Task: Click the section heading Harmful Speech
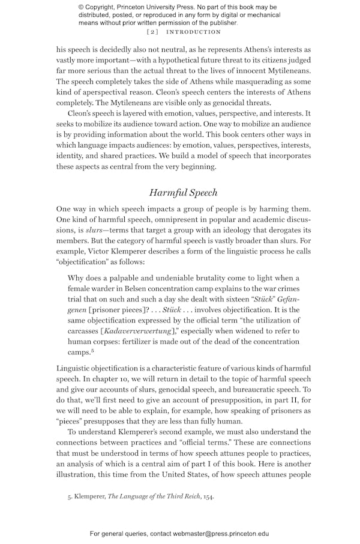pyautogui.click(x=183, y=193)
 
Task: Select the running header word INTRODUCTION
pyautogui.click(x=194, y=32)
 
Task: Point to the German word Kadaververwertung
pyautogui.click(x=139, y=331)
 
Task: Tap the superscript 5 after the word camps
pyautogui.click(x=92, y=351)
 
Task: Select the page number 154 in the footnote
pyautogui.click(x=208, y=497)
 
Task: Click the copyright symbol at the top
pyautogui.click(x=81, y=7)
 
